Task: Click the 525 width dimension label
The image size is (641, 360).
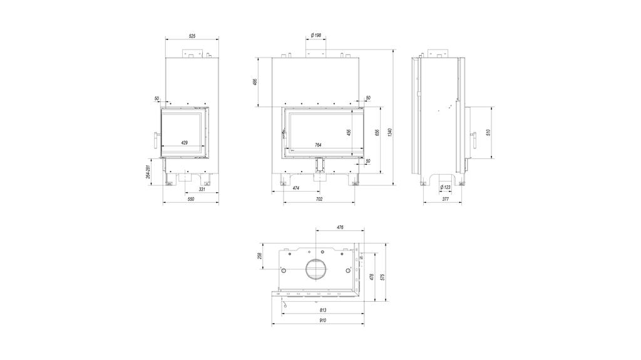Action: click(192, 36)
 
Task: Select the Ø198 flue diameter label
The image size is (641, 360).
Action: click(315, 36)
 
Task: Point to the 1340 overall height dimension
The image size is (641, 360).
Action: click(389, 132)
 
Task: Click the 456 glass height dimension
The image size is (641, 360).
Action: click(349, 132)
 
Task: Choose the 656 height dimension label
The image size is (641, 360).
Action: click(377, 133)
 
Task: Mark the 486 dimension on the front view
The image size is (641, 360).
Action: click(255, 83)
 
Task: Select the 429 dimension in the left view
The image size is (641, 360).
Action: click(185, 143)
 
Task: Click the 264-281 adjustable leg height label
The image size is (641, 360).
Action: click(147, 172)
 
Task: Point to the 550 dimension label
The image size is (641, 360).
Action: click(191, 199)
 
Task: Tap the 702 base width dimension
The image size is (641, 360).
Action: click(318, 199)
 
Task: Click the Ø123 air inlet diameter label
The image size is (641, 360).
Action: click(445, 187)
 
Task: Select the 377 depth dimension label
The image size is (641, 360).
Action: click(445, 199)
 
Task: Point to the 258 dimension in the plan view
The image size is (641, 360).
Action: click(260, 256)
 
